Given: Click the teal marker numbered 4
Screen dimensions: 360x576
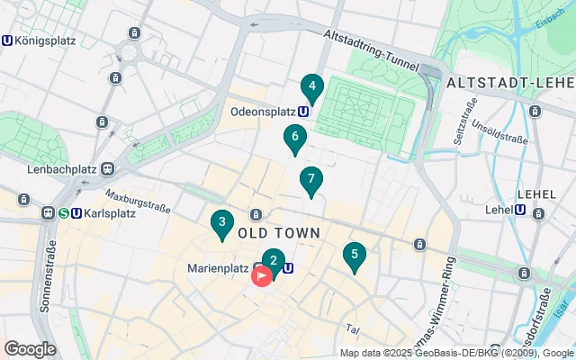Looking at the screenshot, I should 311,88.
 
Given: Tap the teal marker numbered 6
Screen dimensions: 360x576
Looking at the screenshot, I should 293,139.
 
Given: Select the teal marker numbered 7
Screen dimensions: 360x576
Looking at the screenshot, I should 310,179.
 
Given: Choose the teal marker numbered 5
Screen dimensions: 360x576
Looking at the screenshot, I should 355,256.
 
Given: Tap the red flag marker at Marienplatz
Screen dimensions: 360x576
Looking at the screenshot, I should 260,275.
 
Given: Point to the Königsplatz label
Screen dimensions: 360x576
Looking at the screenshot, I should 44,40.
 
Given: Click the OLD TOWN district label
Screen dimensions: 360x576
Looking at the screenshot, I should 279,233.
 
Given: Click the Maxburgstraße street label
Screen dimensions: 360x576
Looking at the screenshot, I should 138,201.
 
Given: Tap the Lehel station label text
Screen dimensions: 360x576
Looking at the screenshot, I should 498,210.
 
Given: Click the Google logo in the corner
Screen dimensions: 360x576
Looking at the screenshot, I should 30,348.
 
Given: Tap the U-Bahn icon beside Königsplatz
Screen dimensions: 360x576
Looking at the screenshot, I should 8,40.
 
